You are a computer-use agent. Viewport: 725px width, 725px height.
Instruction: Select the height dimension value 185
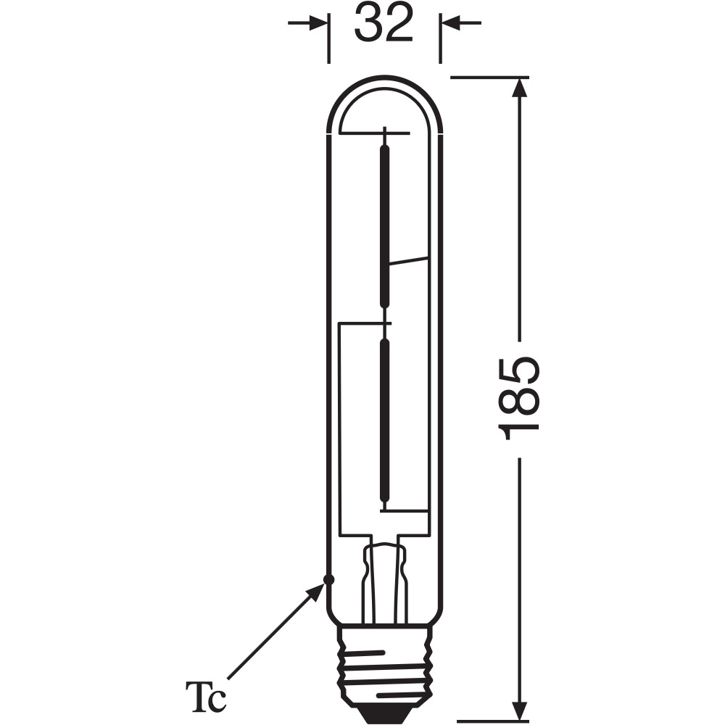[520, 398]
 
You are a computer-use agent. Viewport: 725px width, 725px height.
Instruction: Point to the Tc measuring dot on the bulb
[328, 579]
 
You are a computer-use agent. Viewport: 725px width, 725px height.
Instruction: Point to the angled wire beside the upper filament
[408, 262]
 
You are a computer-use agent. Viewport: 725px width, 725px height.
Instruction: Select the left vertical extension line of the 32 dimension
[329, 40]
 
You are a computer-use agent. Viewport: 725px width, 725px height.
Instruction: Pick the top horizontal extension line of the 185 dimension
[489, 75]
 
